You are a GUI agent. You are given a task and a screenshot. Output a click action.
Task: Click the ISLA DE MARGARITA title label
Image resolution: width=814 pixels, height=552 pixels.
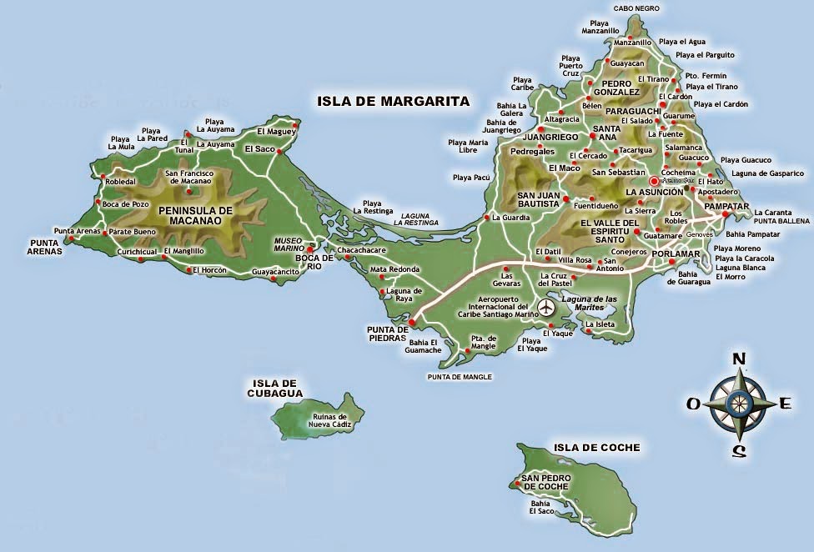click(393, 102)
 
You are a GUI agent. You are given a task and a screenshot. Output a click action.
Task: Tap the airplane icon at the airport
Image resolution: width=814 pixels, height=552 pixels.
click(547, 308)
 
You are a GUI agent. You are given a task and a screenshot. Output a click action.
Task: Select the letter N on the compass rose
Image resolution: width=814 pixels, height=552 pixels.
click(738, 359)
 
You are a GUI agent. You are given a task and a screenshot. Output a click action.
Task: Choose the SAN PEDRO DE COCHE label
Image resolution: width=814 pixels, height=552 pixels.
click(546, 482)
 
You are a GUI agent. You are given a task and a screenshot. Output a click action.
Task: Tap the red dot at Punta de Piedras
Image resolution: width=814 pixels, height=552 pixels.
click(411, 318)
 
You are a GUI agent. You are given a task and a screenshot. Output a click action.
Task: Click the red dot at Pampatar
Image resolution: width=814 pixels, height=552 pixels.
click(725, 214)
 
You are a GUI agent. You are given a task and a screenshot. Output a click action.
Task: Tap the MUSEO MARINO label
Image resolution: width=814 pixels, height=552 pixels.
click(288, 244)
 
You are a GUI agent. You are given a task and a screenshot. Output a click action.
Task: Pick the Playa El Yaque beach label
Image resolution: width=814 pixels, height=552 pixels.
click(532, 344)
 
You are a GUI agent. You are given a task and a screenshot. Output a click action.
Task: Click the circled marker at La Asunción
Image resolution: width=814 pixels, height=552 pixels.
click(654, 181)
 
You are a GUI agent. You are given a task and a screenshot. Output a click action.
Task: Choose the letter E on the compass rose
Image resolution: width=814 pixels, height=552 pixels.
click(784, 404)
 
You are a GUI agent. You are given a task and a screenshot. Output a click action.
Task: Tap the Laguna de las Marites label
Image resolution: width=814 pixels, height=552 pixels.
click(589, 303)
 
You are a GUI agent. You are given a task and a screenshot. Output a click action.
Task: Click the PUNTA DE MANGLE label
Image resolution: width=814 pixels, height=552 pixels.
click(459, 377)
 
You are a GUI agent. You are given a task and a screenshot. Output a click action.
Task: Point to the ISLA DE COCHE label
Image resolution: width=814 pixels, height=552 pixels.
click(596, 448)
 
